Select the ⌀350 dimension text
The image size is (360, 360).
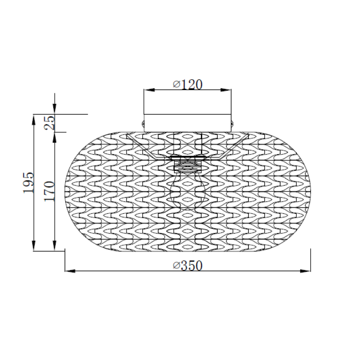click(x=187, y=265)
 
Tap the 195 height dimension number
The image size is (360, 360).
click(x=28, y=183)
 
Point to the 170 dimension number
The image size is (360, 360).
click(x=50, y=191)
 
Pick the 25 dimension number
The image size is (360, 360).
click(x=50, y=122)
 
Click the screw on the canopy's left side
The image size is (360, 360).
click(x=142, y=123)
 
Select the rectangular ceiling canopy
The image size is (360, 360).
click(x=187, y=122)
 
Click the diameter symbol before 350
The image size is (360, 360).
click(x=176, y=265)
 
